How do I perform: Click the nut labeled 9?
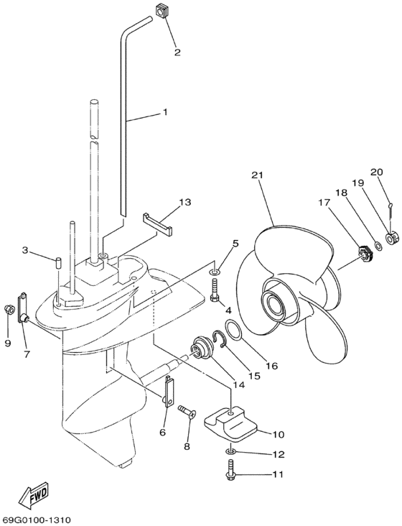tap(9, 310)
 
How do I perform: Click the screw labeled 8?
tap(187, 411)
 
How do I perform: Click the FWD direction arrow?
tap(32, 494)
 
